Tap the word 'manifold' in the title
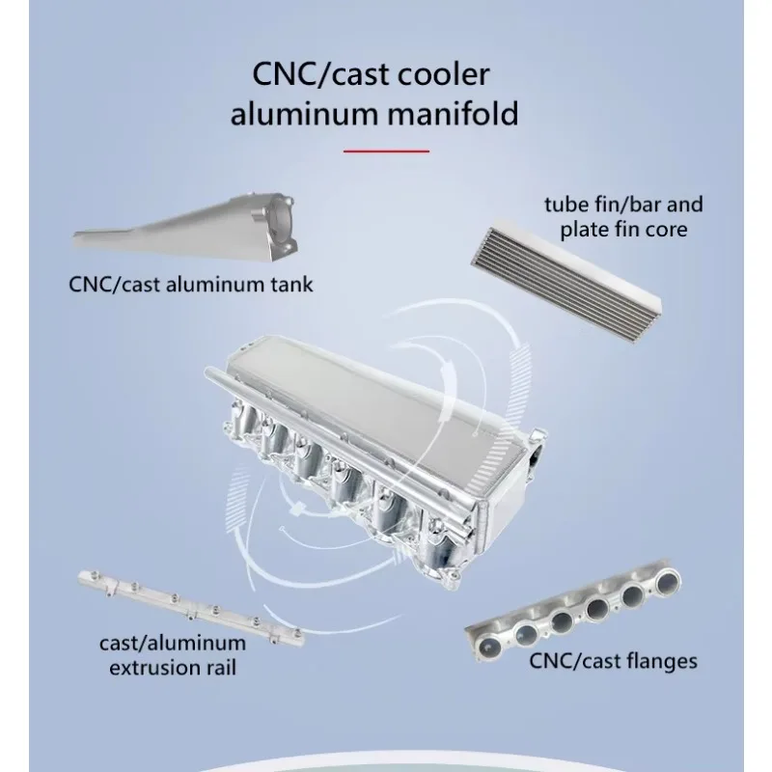point(453,114)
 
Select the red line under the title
point(386,152)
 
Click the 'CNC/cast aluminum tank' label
point(190,285)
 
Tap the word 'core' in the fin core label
point(665,231)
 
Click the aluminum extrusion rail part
point(191,607)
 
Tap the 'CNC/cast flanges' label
point(613,661)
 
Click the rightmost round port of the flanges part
point(667,578)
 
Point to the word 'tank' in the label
point(294,285)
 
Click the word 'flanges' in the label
point(660,661)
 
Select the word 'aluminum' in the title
point(304,114)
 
